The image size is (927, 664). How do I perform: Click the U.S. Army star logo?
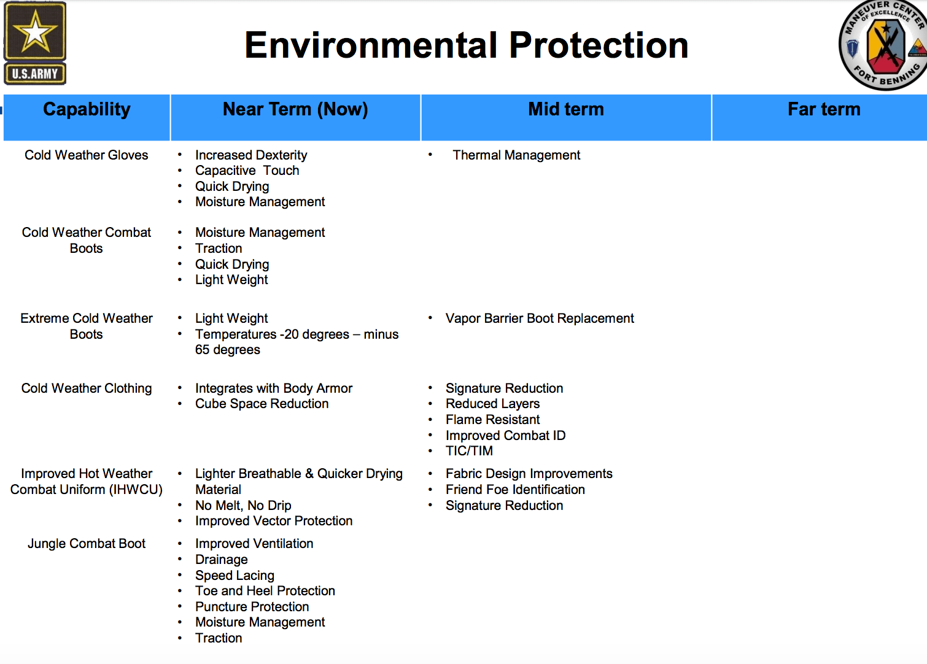click(x=35, y=43)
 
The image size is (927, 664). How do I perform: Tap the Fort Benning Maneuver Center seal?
click(x=883, y=45)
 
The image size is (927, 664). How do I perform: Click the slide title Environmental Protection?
click(x=467, y=45)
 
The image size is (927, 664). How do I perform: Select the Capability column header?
click(x=87, y=109)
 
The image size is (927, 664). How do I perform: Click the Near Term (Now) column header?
click(x=295, y=109)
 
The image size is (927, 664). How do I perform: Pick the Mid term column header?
click(x=566, y=109)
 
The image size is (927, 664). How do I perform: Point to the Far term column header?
click(x=824, y=109)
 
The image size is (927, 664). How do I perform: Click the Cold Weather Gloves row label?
click(x=86, y=155)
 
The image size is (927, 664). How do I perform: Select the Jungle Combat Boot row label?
click(x=87, y=543)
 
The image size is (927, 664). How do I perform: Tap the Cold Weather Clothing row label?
click(x=87, y=388)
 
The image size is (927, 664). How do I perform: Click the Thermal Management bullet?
click(x=516, y=155)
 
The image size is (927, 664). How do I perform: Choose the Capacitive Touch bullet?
click(x=247, y=171)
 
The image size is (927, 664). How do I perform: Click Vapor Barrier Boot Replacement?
click(x=540, y=318)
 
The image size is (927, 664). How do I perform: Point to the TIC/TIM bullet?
click(x=469, y=450)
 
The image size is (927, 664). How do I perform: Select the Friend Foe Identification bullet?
click(x=515, y=490)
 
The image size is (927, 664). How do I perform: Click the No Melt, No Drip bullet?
click(x=243, y=505)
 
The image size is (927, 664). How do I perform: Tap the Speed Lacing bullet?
click(x=235, y=575)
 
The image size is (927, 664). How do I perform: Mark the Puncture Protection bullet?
click(x=252, y=606)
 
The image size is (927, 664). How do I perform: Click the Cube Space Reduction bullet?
click(x=262, y=403)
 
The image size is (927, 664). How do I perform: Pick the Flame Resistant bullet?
click(x=492, y=420)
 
